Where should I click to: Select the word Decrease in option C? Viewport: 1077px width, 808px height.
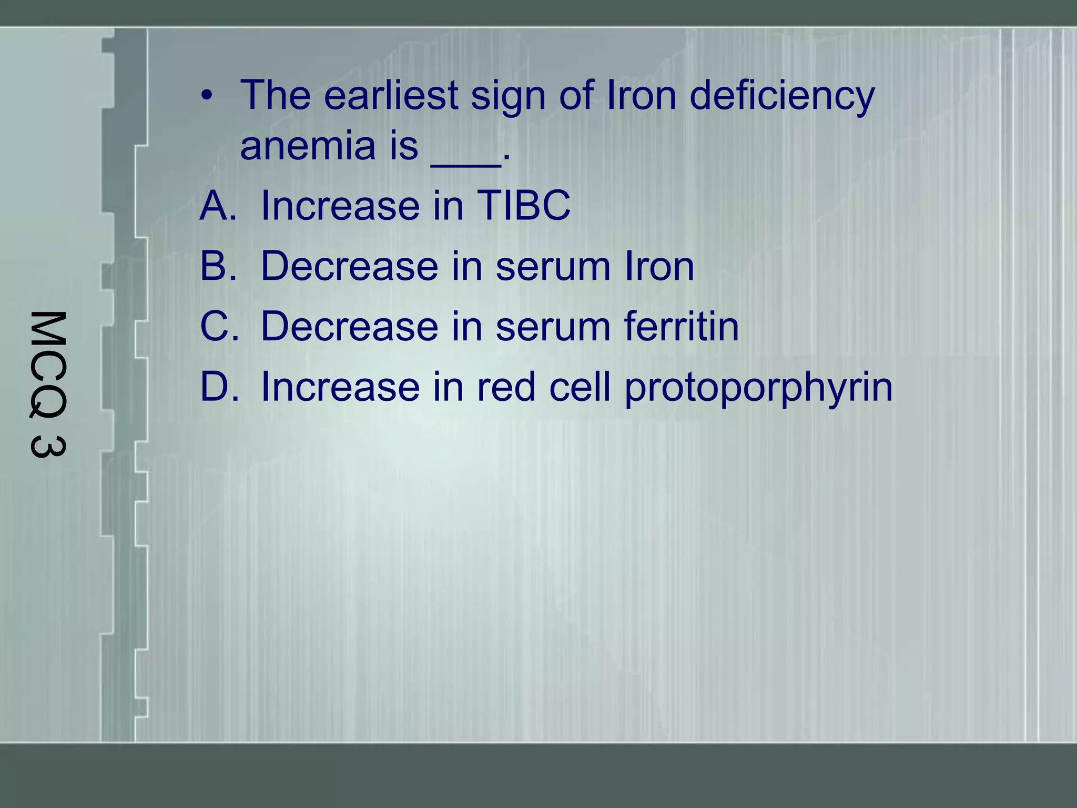pyautogui.click(x=349, y=326)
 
